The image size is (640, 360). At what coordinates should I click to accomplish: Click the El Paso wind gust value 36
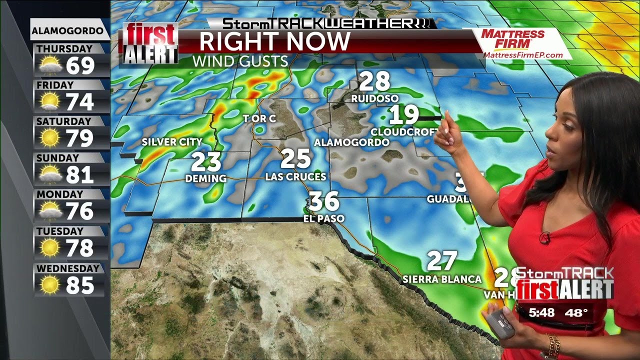pyautogui.click(x=324, y=201)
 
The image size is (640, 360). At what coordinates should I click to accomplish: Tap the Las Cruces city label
pyautogui.click(x=295, y=176)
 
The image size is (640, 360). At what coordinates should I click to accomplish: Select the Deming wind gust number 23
pyautogui.click(x=206, y=162)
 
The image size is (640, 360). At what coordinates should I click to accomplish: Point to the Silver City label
pyautogui.click(x=172, y=142)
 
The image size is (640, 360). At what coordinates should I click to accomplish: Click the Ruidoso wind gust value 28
pyautogui.click(x=374, y=81)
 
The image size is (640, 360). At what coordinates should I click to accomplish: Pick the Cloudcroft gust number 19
pyautogui.click(x=404, y=115)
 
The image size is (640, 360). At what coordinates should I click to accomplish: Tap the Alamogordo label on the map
pyautogui.click(x=351, y=142)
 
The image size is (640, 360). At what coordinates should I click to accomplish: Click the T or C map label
pyautogui.click(x=259, y=119)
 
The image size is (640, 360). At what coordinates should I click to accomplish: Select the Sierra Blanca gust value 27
pyautogui.click(x=442, y=261)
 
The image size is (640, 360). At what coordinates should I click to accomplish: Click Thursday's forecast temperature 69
pyautogui.click(x=80, y=65)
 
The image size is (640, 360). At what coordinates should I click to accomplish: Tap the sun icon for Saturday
pyautogui.click(x=50, y=138)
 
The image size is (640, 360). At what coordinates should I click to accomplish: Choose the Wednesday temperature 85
pyautogui.click(x=80, y=285)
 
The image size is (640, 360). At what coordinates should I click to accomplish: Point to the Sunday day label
pyautogui.click(x=57, y=158)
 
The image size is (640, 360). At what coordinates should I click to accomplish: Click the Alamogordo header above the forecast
pyautogui.click(x=70, y=31)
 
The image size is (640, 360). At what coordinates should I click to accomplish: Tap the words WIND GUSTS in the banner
pyautogui.click(x=240, y=61)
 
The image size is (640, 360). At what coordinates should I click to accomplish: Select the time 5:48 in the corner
pyautogui.click(x=542, y=313)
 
